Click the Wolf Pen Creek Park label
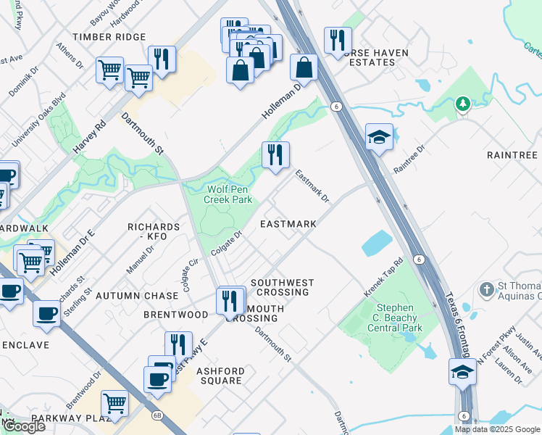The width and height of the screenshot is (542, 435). coord(228,193)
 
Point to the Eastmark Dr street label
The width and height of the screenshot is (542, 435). coord(312,186)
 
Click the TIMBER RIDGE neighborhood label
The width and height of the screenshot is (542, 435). coord(109,37)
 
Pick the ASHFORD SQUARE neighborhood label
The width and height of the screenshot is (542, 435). coord(220,376)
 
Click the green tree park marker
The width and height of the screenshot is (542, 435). coord(463,105)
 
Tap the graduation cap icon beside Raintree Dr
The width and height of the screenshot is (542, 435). coord(379,136)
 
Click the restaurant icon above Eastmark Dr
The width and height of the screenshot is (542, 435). coord(275,155)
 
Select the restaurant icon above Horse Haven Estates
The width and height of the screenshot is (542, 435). coord(338,41)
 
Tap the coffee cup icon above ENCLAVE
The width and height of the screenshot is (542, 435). coord(47,314)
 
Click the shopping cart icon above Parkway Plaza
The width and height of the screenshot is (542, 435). coord(114,403)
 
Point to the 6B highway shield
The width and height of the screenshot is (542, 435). coord(157,415)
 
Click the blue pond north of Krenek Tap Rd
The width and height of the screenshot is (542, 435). coord(376,244)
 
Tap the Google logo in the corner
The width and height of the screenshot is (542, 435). coord(24,426)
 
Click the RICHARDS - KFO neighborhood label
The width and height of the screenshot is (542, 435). coord(148,231)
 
